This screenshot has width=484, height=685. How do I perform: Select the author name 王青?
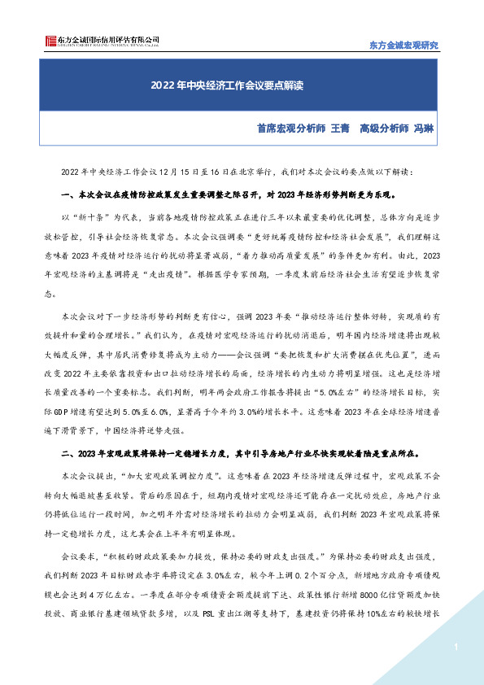(x=339, y=129)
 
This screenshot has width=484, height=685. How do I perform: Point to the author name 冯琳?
(x=425, y=129)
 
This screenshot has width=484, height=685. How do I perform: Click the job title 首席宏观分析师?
(x=291, y=129)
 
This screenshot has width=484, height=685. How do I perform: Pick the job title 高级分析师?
(x=383, y=129)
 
